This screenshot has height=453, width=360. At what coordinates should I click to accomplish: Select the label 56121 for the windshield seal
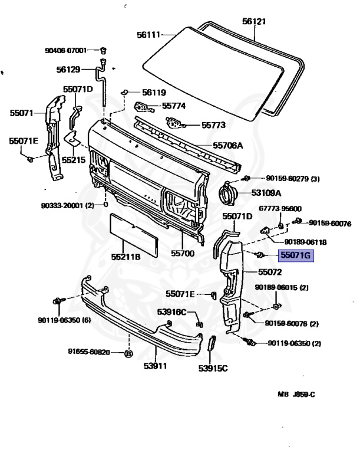coord(255,21)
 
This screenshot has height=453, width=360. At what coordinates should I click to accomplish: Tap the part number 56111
coord(149,35)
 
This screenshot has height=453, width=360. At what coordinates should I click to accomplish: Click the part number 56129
coord(68,70)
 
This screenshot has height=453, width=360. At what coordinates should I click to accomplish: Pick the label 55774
coord(174,106)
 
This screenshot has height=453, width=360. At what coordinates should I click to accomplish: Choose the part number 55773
coord(214,125)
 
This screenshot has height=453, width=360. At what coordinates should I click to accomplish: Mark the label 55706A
coord(228,145)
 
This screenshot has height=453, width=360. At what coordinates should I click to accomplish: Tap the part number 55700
coord(183,254)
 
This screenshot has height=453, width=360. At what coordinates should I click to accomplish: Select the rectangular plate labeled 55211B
coord(134,235)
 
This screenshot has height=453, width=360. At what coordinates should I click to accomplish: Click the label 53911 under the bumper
coord(154,366)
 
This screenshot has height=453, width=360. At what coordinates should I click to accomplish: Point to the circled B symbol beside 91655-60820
coord(128,354)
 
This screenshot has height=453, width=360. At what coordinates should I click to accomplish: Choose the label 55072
coord(270,273)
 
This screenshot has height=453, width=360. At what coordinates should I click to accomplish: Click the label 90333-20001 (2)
coord(68,205)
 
